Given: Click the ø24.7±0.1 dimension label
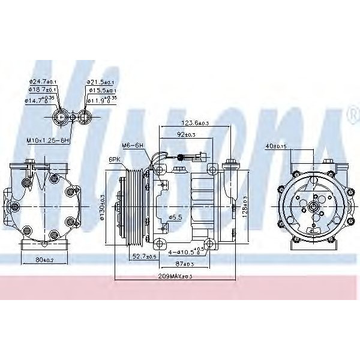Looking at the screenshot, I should click(42, 82).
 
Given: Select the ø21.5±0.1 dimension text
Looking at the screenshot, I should click(100, 82).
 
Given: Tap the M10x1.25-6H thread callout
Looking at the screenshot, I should click(49, 140).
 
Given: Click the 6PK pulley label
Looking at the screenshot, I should click(115, 159).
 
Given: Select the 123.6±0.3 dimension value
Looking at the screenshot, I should click(194, 123).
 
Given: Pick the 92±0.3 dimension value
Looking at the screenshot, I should click(186, 134).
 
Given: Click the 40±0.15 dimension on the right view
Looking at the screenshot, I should click(275, 146).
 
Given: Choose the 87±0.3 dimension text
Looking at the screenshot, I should click(185, 264).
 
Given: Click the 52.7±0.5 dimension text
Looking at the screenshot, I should click(144, 256).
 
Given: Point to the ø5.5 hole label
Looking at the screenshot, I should click(176, 217).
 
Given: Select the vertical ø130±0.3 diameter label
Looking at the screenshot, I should click(103, 208).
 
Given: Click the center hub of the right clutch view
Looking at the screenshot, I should click(313, 206).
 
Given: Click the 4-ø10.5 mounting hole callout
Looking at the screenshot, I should click(187, 252).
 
